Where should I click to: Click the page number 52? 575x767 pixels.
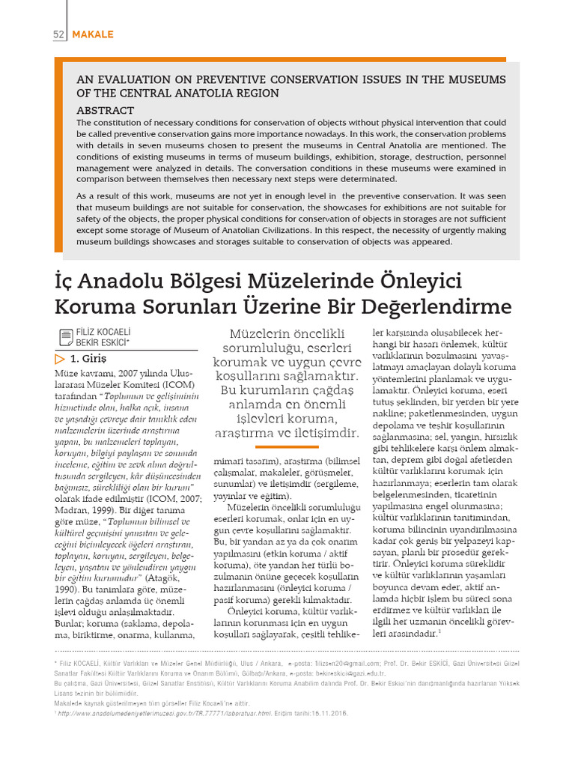tap(58, 35)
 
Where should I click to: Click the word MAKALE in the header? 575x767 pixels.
tap(93, 35)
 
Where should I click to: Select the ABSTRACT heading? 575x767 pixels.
tap(105, 110)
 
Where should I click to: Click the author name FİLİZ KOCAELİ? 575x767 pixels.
tap(102, 332)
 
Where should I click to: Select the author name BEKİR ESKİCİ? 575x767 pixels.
tap(100, 342)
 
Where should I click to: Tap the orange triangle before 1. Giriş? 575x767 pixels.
tap(60, 358)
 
